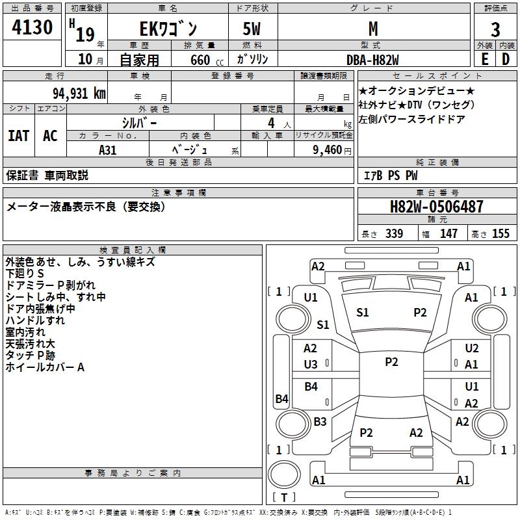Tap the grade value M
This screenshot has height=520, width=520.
click(x=372, y=29)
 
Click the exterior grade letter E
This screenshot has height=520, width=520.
click(x=484, y=58)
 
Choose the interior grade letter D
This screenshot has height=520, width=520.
click(x=506, y=58)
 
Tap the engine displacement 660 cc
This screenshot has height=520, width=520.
click(x=199, y=60)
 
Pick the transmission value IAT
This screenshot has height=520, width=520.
click(x=19, y=136)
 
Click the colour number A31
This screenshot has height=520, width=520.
click(x=108, y=149)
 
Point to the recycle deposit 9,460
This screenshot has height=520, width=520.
click(x=327, y=150)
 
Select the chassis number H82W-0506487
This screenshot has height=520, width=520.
click(x=437, y=207)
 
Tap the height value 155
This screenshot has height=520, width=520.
click(x=500, y=233)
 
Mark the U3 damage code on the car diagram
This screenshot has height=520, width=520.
click(x=311, y=365)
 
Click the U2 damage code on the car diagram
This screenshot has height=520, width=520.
click(x=472, y=348)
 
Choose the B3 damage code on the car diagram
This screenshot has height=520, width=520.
click(x=320, y=422)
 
